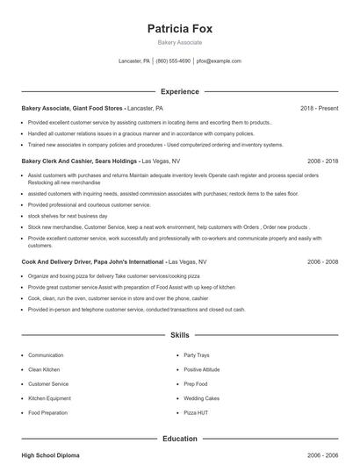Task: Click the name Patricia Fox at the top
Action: coord(180,28)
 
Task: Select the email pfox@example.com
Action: coord(219,61)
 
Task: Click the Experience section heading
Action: coord(180,91)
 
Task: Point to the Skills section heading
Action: coord(180,335)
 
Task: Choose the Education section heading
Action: coord(180,439)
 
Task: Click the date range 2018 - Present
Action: coord(319,108)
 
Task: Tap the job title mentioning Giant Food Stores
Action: coord(74,108)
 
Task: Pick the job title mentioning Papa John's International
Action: coord(92,261)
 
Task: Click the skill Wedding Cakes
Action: coord(201,397)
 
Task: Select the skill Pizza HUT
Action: coord(196,411)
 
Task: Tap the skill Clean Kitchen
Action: coord(46,369)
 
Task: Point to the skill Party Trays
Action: coord(197,355)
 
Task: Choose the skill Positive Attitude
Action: coord(203,369)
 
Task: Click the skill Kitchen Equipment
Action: coord(51,397)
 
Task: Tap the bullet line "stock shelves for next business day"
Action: coord(68,215)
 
